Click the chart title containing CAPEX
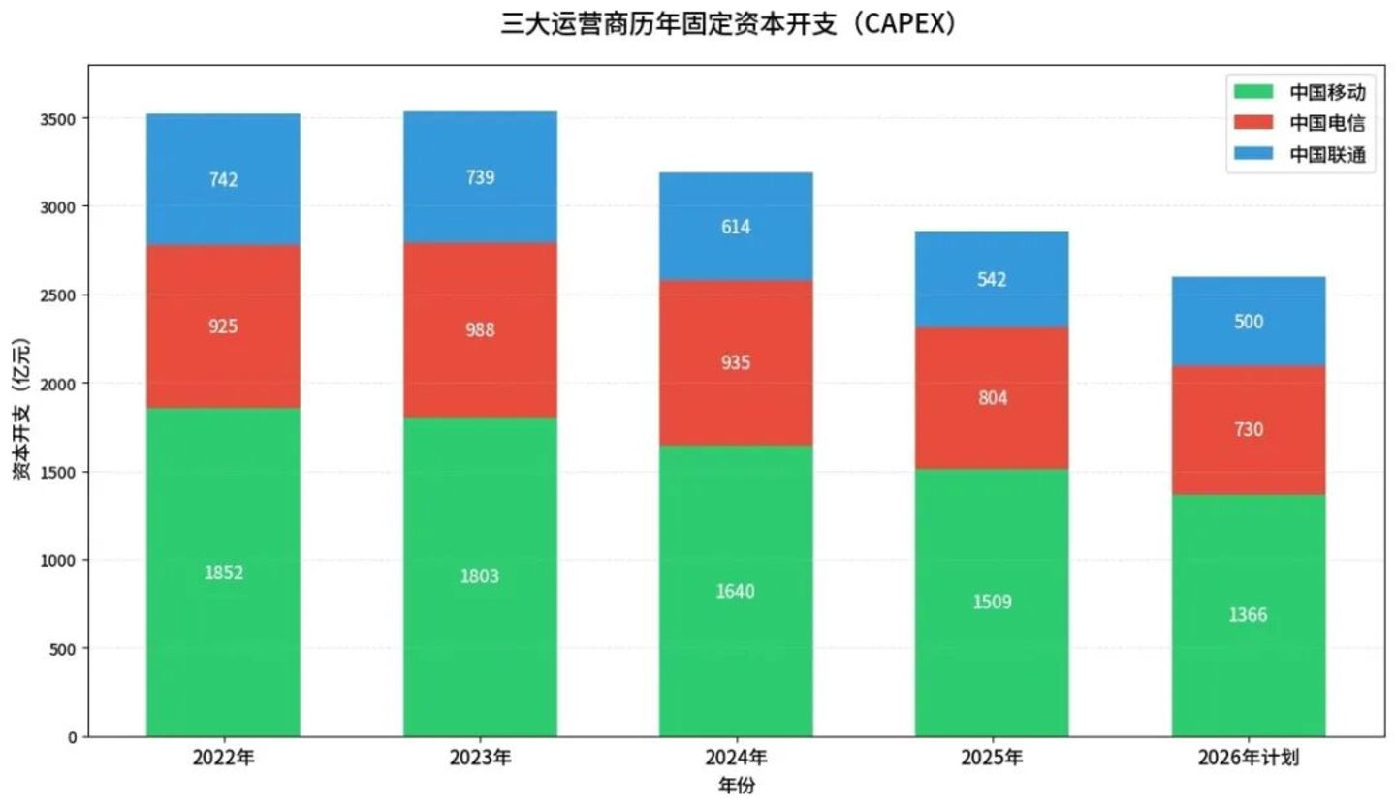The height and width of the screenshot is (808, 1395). [x=729, y=23]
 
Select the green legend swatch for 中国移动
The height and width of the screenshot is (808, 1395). [x=1253, y=91]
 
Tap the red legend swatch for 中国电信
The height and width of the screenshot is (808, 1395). [x=1253, y=122]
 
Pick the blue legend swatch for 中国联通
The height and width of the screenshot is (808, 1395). [x=1253, y=153]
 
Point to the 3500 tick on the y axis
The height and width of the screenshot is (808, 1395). [x=58, y=119]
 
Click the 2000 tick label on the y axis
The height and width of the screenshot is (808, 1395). [x=58, y=384]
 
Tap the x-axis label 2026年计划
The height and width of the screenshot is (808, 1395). [x=1249, y=758]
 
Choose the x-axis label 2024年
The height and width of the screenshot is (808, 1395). [x=736, y=758]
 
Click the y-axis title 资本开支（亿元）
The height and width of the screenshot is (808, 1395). [x=21, y=409]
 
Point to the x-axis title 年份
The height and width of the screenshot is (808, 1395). [x=737, y=787]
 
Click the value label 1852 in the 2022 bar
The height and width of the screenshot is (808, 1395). [x=224, y=573]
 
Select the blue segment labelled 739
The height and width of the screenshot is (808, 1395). [x=480, y=177]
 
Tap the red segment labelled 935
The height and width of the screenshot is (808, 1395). [x=736, y=363]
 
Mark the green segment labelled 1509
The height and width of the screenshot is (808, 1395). [x=992, y=604]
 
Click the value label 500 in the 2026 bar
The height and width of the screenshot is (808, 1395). [x=1249, y=322]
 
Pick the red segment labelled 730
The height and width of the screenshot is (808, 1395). [x=1249, y=430]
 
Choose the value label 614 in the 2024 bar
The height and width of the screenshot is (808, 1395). [x=736, y=227]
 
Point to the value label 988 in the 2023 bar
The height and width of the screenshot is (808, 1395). [x=480, y=329]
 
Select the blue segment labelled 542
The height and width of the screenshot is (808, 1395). [x=992, y=279]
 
